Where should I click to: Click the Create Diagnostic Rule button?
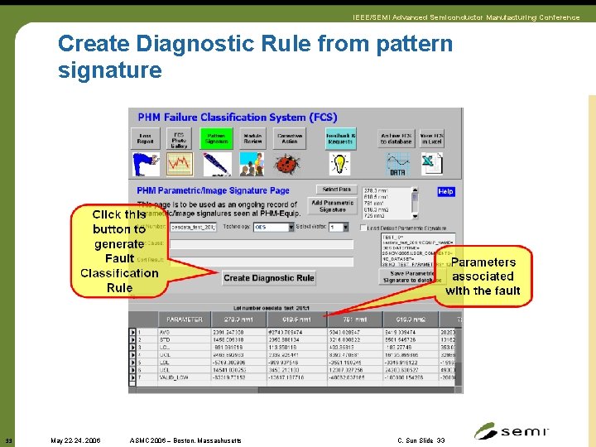click(269, 278)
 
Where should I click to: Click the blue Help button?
click(445, 192)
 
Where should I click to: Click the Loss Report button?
click(145, 137)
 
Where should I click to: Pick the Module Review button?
click(252, 137)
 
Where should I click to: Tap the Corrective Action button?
click(290, 137)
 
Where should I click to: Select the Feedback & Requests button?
click(340, 137)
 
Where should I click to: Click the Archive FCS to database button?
click(397, 137)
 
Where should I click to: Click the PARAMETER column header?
click(184, 320)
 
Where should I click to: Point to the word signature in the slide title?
click(109, 70)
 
